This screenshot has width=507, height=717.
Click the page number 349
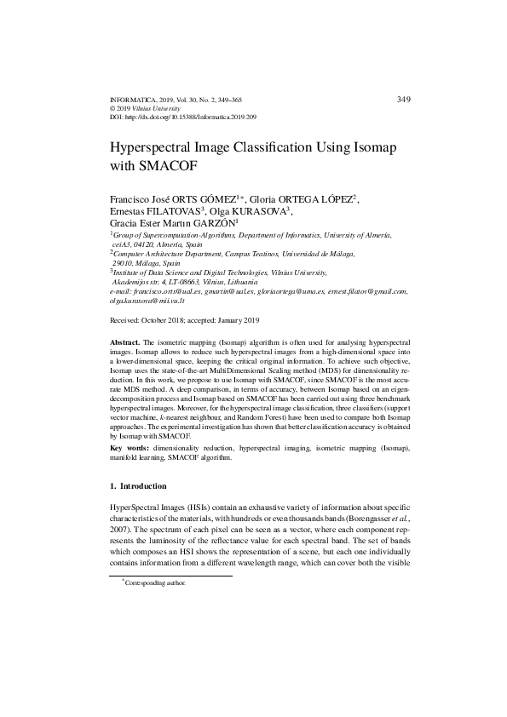(404, 100)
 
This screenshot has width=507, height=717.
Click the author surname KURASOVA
(259, 211)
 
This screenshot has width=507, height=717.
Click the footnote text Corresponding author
(155, 583)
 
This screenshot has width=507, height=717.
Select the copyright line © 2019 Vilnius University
(146, 108)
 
